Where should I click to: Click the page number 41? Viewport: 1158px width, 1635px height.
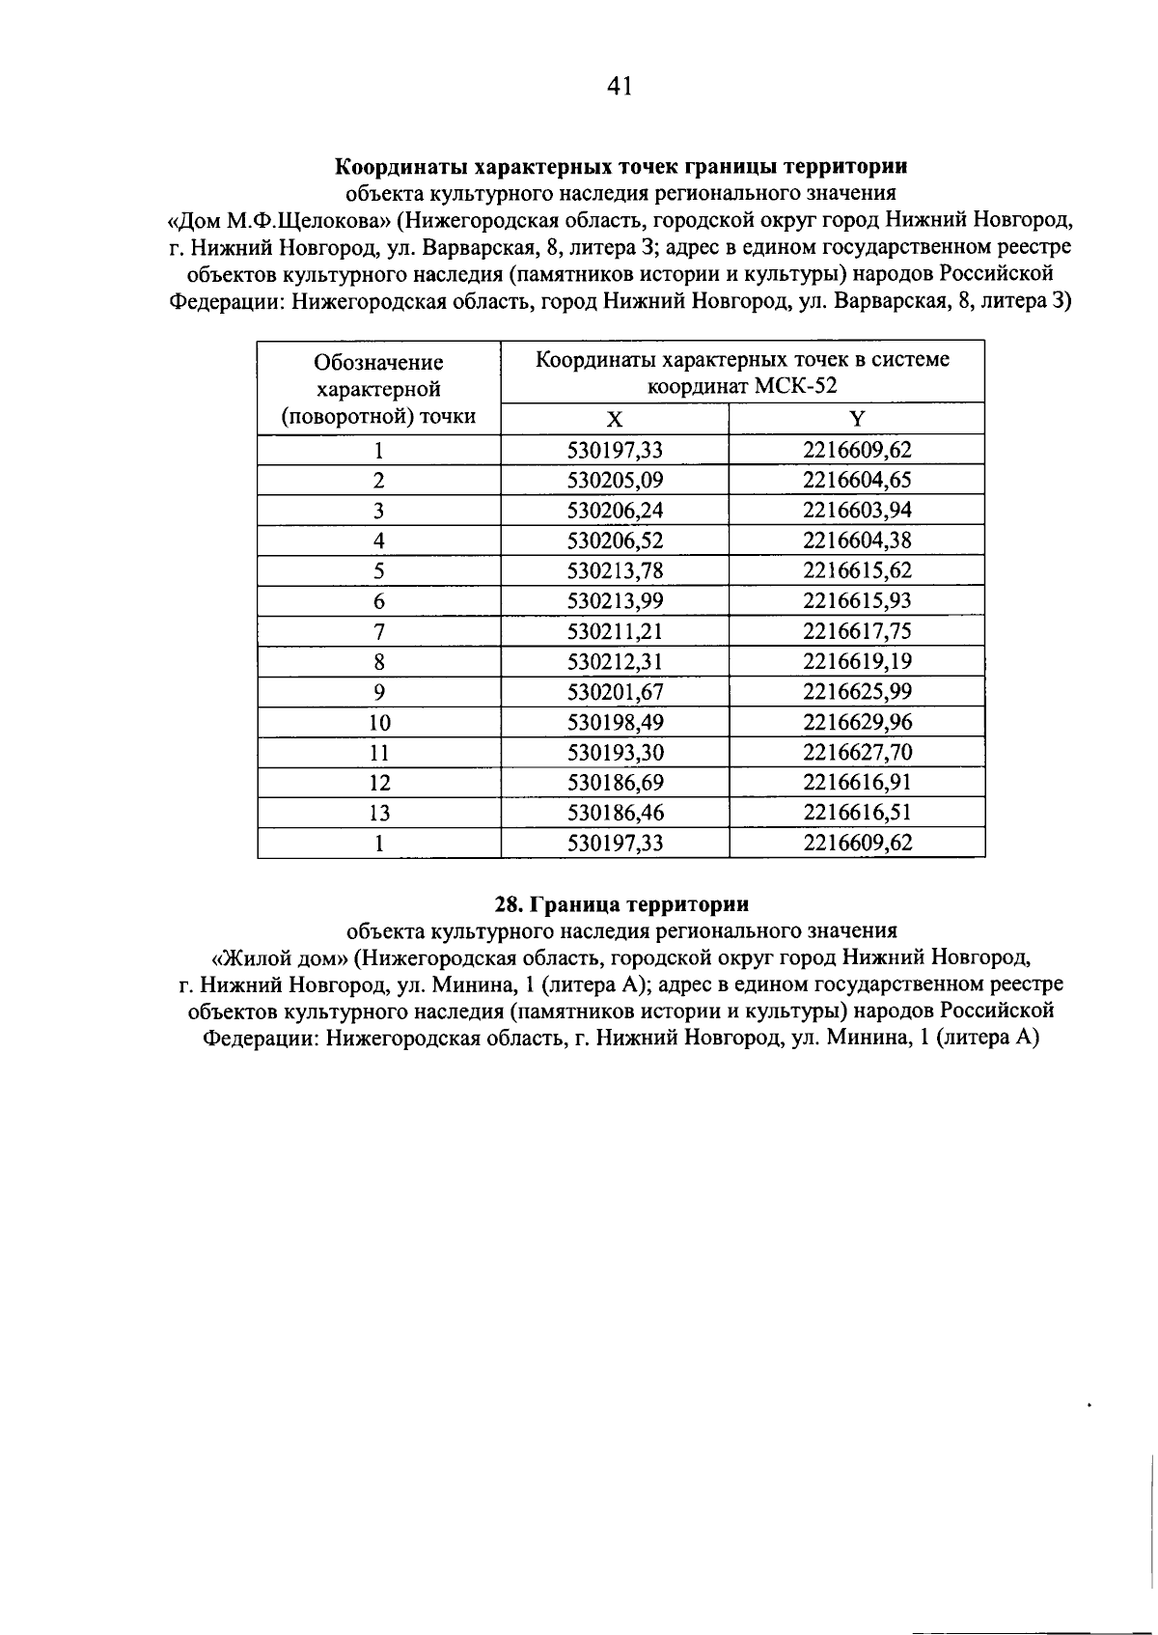620,87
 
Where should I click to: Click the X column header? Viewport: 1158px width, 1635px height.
615,419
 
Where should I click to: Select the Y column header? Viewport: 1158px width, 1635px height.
857,419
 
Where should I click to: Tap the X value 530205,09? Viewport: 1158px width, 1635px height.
615,480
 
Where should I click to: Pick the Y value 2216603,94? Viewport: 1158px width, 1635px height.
857,510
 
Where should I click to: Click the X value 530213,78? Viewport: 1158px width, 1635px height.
615,570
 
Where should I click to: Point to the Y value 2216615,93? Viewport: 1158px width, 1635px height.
857,600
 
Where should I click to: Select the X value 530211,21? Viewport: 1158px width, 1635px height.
615,631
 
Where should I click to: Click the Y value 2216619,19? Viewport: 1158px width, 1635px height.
857,661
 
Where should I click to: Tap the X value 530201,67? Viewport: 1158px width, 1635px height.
615,692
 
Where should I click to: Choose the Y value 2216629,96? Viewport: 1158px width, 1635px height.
857,722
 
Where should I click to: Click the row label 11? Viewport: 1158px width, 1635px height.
379,753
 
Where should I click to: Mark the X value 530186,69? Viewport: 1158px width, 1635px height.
615,783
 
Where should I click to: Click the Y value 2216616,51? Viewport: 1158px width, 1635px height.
857,813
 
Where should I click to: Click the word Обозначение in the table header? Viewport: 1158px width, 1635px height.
379,363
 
